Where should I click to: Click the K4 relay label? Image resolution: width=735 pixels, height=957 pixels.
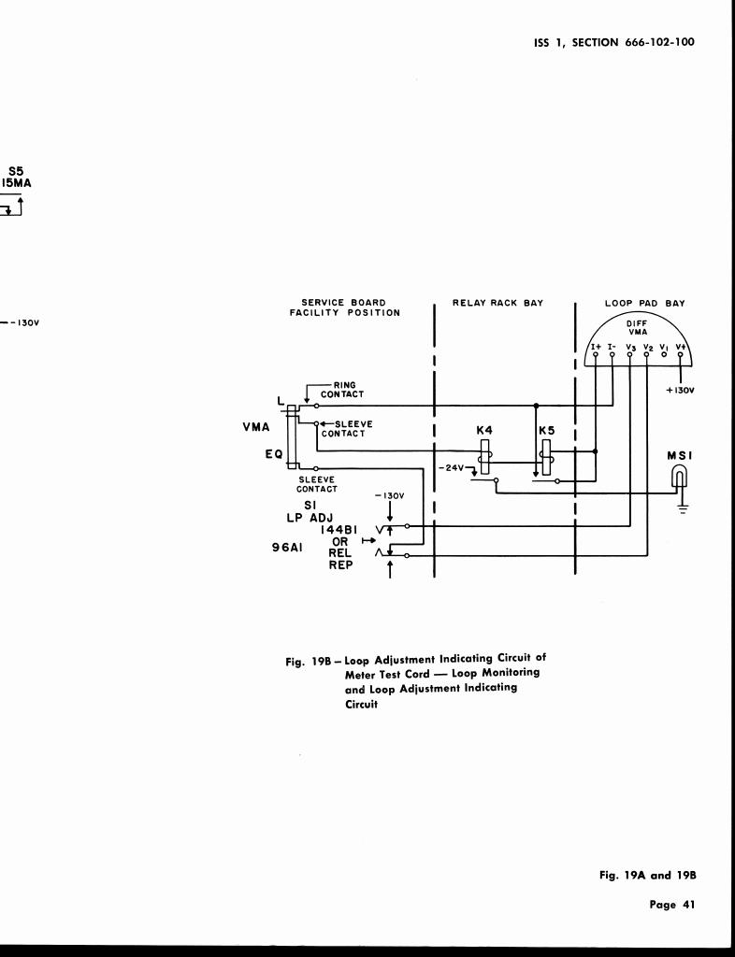click(484, 429)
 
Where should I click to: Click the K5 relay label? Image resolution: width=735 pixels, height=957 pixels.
click(547, 429)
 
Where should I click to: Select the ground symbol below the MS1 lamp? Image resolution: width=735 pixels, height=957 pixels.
click(683, 510)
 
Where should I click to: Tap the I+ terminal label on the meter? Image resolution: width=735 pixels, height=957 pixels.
click(595, 346)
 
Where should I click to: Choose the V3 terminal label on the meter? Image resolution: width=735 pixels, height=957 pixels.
click(630, 346)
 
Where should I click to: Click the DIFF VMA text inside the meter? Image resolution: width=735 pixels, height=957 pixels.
click(638, 327)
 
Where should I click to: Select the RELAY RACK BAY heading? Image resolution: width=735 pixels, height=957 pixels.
click(497, 303)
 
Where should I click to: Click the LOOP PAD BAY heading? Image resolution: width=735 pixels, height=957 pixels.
click(644, 303)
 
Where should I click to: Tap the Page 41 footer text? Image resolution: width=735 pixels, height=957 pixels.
click(672, 904)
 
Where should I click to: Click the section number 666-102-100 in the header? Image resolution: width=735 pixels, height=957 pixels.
click(659, 41)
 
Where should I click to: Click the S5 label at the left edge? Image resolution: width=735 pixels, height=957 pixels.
click(16, 171)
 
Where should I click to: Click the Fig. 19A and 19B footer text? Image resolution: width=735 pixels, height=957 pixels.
click(648, 876)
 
